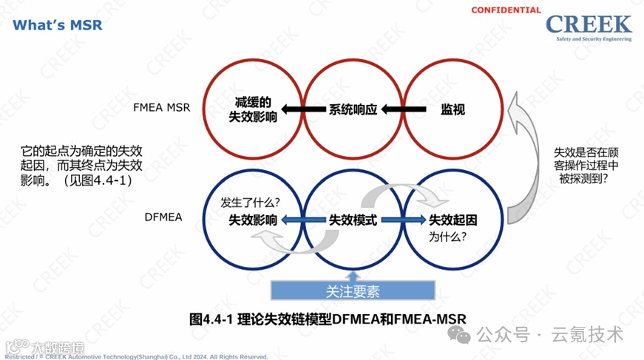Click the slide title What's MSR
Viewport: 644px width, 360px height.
58,25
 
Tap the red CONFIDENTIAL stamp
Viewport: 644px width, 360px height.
506,10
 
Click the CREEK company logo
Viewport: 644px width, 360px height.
589,29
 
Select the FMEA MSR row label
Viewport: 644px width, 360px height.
162,108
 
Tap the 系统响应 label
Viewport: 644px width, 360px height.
353,109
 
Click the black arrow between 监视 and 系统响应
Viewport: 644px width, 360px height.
402,109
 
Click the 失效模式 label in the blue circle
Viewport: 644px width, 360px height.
353,220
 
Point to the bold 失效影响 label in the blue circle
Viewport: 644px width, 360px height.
253,220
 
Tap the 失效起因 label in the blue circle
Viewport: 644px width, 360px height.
453,220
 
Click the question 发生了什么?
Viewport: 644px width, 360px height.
250,202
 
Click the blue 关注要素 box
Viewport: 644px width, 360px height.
353,290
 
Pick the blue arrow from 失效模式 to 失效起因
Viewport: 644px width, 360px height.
403,220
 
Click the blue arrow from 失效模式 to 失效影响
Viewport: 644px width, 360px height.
303,220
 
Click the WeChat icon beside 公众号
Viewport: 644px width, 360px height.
464,335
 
